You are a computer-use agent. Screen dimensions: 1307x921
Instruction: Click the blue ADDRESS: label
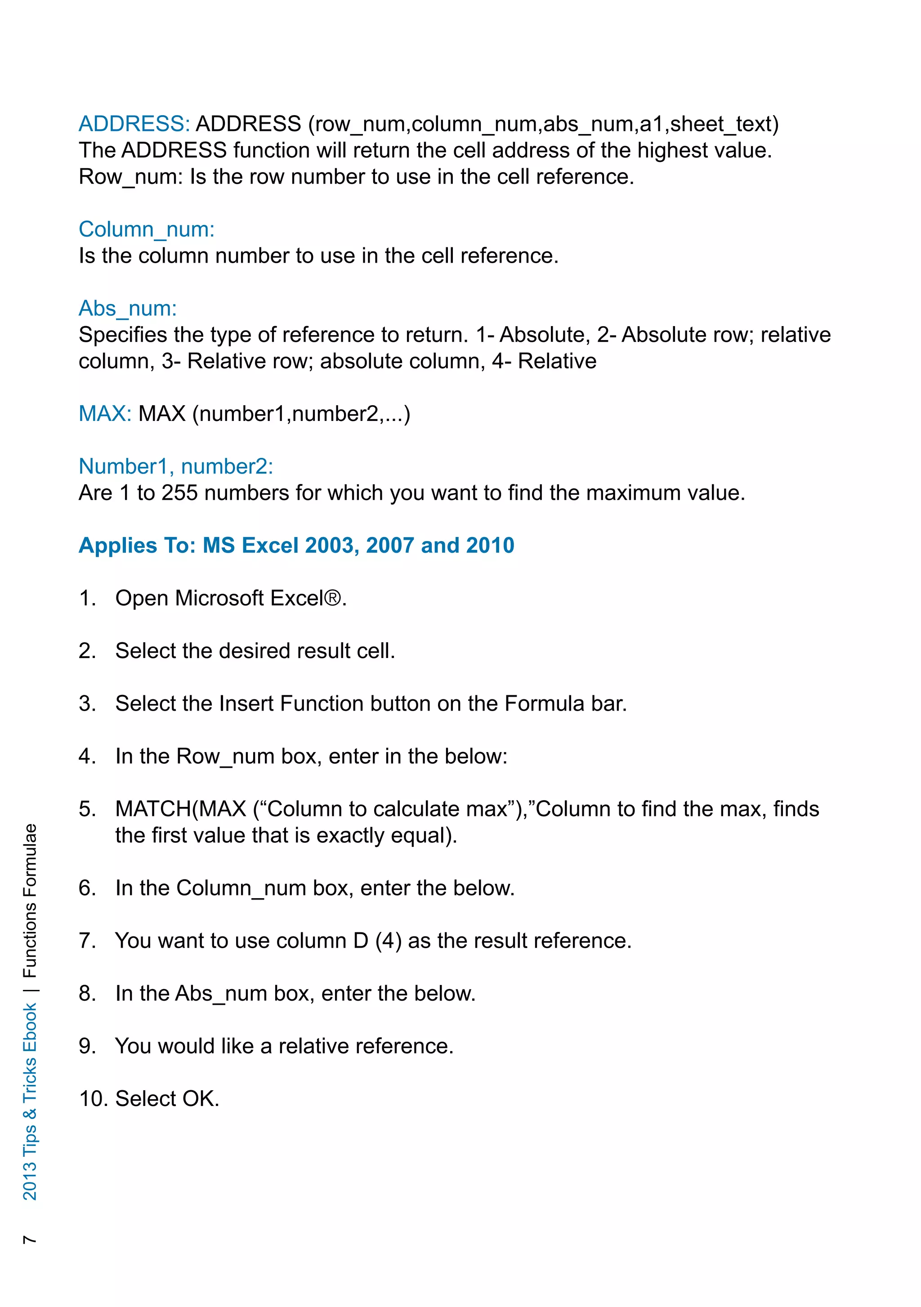[134, 124]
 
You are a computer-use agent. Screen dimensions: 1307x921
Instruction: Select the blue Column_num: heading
[146, 229]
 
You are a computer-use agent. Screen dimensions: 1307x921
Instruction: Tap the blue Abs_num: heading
[128, 309]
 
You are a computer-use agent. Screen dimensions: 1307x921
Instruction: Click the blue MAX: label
[105, 414]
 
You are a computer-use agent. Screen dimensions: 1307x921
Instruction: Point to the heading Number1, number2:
[175, 466]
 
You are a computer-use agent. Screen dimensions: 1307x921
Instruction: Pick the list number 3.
[86, 703]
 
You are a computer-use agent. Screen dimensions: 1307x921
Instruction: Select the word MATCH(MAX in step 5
[180, 809]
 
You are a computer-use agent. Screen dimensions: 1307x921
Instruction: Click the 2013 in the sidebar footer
[30, 1181]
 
